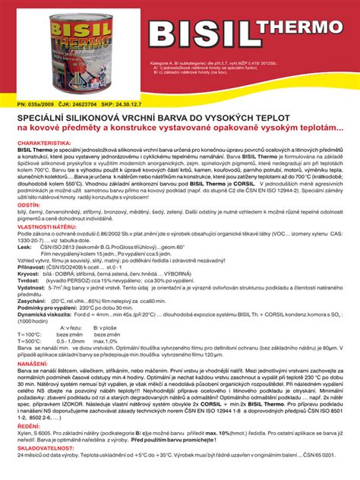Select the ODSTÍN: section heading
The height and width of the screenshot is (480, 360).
(28, 205)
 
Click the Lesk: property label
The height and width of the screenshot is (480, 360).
(24, 248)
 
